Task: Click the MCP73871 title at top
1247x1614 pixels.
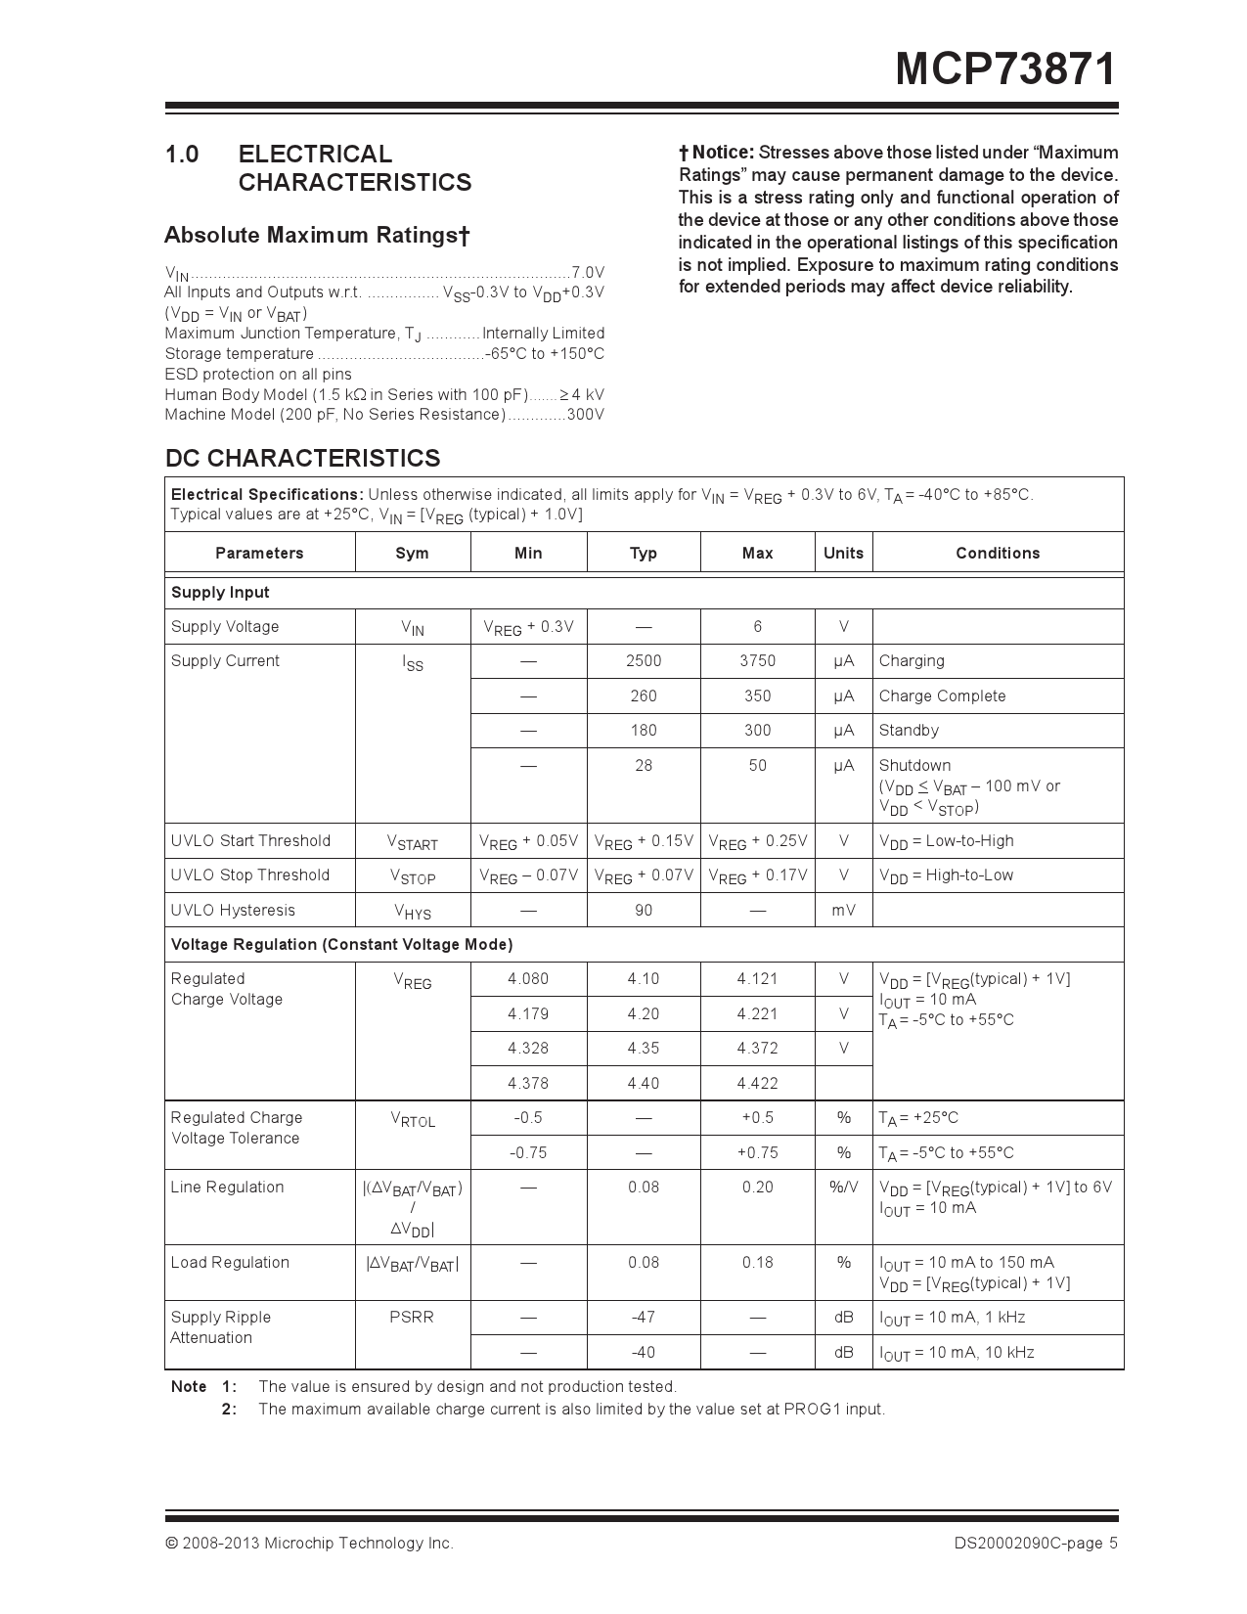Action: pos(1005,70)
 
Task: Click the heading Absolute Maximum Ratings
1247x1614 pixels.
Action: pos(317,236)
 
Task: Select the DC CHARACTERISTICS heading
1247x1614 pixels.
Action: pos(302,458)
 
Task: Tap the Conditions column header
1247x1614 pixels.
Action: pos(997,553)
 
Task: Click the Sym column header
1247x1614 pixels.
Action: pos(412,553)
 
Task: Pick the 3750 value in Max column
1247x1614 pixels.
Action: pos(757,661)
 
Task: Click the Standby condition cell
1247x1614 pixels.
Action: pos(908,731)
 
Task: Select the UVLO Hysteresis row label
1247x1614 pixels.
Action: pos(233,910)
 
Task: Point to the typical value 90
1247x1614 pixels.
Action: pos(643,910)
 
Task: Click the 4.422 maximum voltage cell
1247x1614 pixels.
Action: pos(757,1083)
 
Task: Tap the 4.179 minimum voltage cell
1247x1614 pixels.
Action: pos(528,1013)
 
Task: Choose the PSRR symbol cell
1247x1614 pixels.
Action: pos(412,1318)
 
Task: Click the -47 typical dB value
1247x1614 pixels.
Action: pos(643,1318)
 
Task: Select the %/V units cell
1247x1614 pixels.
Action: pos(843,1188)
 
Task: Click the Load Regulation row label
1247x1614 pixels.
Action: pos(230,1263)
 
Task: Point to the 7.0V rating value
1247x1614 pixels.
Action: pos(588,272)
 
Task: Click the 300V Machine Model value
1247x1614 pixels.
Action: pos(585,415)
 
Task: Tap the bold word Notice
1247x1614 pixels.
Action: pos(722,153)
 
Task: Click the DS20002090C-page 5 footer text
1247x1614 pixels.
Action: pos(1036,1544)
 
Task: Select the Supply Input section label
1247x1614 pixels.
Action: pos(220,593)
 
